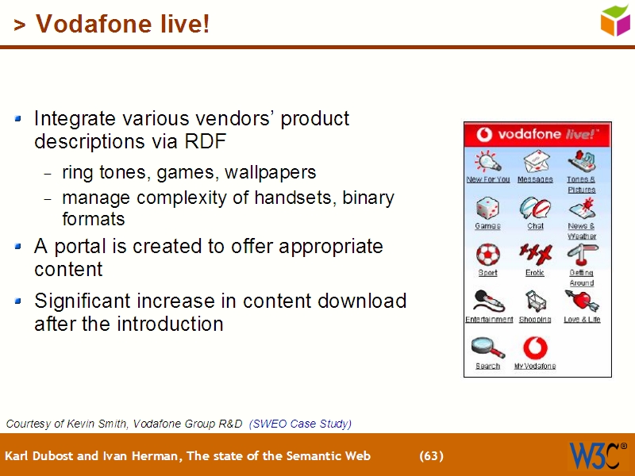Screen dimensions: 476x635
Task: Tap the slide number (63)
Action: point(431,455)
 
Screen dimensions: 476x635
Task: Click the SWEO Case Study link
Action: point(300,424)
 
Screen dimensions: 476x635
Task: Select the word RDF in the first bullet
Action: point(206,142)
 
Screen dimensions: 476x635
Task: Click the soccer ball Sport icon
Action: point(487,255)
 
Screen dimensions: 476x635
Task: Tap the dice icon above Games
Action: point(487,209)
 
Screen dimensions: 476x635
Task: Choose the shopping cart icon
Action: point(534,301)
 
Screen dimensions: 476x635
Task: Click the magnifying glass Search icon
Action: point(487,347)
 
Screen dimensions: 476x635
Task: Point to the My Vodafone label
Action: point(535,367)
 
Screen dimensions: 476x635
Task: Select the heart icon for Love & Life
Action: point(582,301)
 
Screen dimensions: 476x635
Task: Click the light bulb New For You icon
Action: point(487,162)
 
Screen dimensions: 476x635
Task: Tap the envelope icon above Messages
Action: point(535,162)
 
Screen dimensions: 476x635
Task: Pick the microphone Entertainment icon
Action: point(487,301)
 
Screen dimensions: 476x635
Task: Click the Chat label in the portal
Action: point(535,226)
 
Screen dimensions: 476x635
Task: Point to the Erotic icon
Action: point(534,255)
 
